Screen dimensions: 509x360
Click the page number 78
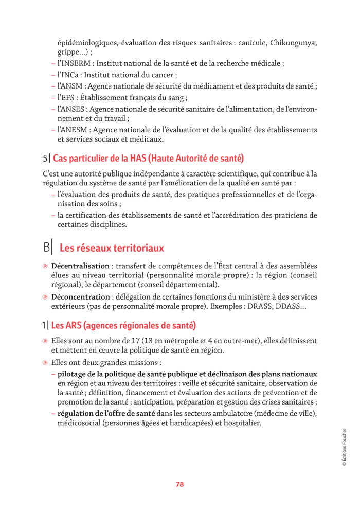[x=179, y=484]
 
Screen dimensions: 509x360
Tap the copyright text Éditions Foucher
[x=344, y=447]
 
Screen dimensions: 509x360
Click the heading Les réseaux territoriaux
[x=112, y=248]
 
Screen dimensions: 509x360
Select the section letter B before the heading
[x=47, y=248]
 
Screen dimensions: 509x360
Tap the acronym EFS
[x=70, y=97]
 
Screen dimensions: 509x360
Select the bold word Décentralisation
[x=80, y=266]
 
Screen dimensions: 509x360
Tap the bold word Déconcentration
[x=80, y=297]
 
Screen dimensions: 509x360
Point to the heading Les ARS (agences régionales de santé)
[x=123, y=325]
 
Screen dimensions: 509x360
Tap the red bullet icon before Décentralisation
[x=45, y=266]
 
